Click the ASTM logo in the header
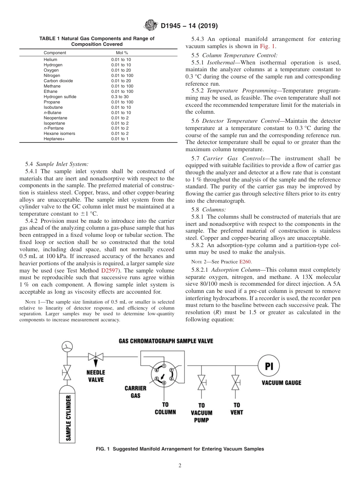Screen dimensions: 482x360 (151, 26)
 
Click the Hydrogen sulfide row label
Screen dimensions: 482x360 (60, 97)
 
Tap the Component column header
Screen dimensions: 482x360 (55, 53)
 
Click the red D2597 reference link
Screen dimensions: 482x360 (108, 271)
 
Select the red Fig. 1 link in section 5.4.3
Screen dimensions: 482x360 (268, 46)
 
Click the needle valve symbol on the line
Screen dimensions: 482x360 (95, 357)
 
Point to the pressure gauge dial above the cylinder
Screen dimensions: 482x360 (67, 346)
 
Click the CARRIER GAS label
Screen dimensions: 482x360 (135, 392)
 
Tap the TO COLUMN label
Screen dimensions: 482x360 (165, 408)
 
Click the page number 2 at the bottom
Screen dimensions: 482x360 (180, 466)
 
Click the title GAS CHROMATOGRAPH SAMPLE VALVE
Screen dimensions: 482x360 (166, 341)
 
